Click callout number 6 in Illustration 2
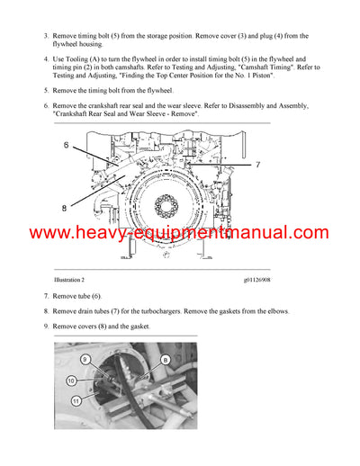pyautogui.click(x=66, y=144)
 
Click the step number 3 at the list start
pyautogui.click(x=45, y=36)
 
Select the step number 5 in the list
pyautogui.click(x=45, y=91)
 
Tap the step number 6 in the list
pyautogui.click(x=45, y=106)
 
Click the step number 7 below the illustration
pyautogui.click(x=45, y=295)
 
